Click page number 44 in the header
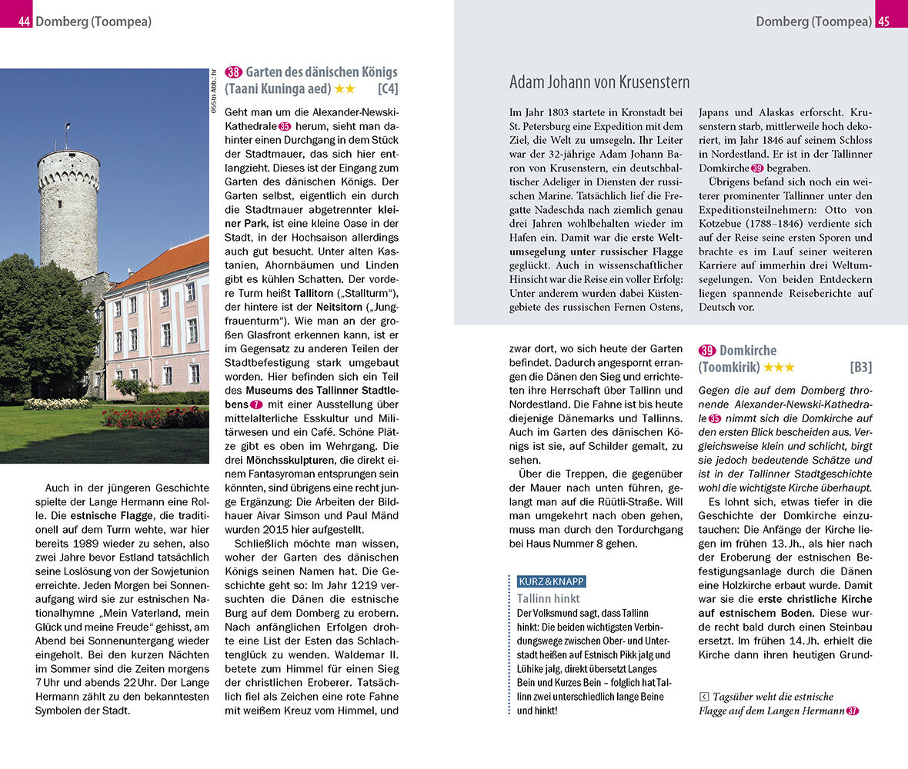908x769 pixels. (x=24, y=22)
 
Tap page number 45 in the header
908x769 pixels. (x=883, y=22)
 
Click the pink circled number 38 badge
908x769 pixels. (x=233, y=72)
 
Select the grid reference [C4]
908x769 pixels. (x=387, y=89)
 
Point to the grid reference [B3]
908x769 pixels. (x=860, y=368)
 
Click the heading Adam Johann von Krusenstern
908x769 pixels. (x=599, y=82)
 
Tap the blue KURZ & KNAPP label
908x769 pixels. (x=551, y=581)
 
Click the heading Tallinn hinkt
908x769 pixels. (x=548, y=598)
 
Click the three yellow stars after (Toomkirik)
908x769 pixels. (x=779, y=368)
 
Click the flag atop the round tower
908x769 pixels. (x=68, y=125)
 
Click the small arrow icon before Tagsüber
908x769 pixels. (x=703, y=697)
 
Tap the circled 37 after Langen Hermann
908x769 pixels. (x=852, y=711)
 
